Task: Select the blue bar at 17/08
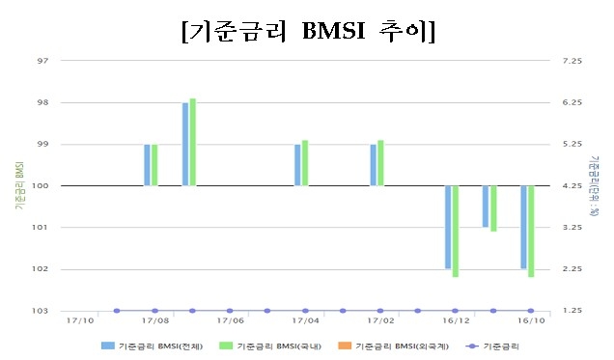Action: click(147, 165)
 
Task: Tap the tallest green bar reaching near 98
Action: click(192, 142)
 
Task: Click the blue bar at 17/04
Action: click(297, 165)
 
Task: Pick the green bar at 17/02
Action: click(380, 163)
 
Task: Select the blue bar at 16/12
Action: click(448, 227)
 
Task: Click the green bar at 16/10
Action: click(531, 231)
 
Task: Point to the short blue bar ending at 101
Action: click(486, 207)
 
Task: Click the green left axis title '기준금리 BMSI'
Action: click(20, 186)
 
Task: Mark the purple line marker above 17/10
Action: click(117, 311)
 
